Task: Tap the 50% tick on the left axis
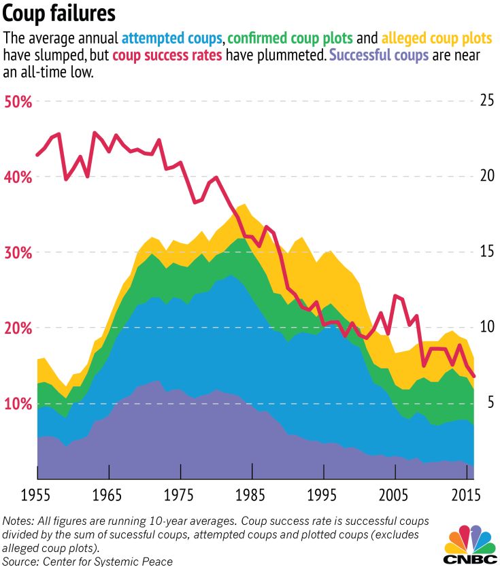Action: coord(18,102)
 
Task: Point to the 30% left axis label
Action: coord(18,253)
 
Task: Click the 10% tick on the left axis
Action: coord(18,404)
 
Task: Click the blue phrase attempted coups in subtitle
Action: coord(172,38)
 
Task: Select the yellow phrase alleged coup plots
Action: coord(435,38)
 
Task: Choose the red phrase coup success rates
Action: coord(167,55)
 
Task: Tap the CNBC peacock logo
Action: coord(469,540)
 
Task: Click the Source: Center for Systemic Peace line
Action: coord(88,561)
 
